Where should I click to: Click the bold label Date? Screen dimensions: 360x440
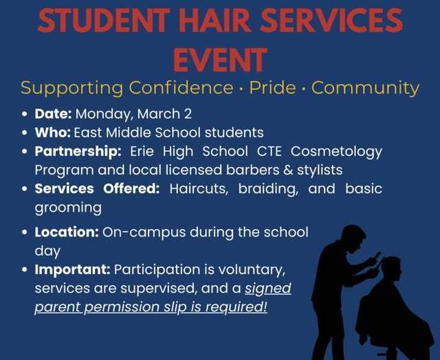(54, 114)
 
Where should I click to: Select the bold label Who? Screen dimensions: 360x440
(52, 132)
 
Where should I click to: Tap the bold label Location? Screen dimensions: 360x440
(67, 232)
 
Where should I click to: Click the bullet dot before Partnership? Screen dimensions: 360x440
(25, 151)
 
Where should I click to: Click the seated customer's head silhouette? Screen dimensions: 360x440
(391, 267)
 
